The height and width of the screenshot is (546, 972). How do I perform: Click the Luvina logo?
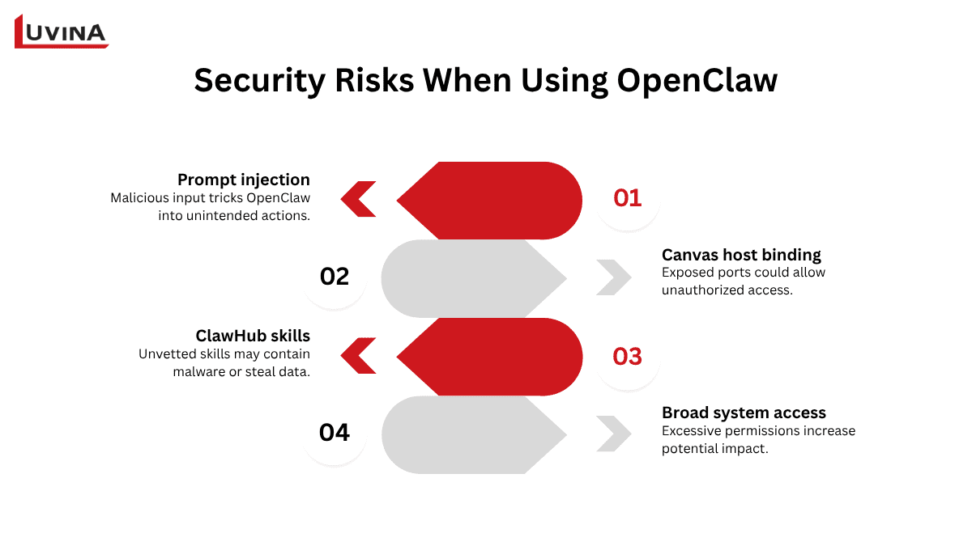click(x=62, y=32)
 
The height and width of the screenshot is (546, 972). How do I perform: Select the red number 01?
click(x=627, y=198)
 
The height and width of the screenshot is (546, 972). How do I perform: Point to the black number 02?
click(x=334, y=277)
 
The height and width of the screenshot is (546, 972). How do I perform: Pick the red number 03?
click(x=627, y=356)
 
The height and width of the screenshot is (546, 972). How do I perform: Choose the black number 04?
click(x=334, y=434)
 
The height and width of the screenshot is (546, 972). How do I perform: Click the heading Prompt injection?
click(x=243, y=180)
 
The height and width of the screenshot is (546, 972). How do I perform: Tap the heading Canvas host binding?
click(x=741, y=255)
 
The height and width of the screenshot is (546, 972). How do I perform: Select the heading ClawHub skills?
click(x=253, y=336)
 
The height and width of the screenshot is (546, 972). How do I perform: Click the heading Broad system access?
click(x=744, y=413)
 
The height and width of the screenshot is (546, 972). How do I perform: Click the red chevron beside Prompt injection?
click(x=358, y=199)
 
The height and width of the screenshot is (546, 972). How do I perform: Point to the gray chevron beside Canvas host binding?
click(x=613, y=277)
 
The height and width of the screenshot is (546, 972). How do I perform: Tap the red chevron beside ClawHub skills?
click(x=358, y=356)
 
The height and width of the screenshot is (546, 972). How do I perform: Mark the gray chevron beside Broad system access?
click(x=613, y=434)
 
